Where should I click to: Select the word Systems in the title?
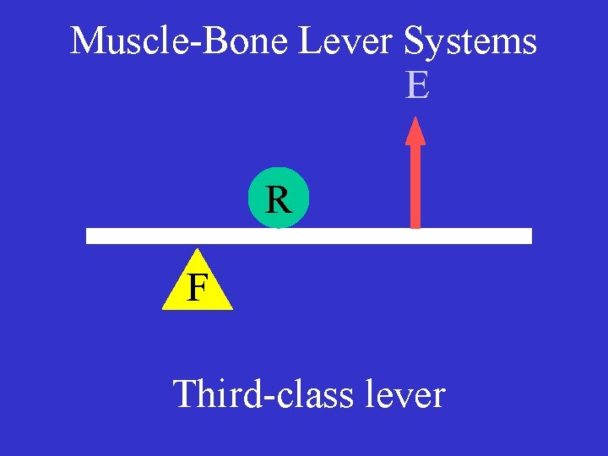coord(470,41)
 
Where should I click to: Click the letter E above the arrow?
coord(417,85)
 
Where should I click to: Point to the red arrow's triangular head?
coord(415,132)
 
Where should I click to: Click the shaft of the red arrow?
coord(415,186)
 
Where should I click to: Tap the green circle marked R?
coord(279,202)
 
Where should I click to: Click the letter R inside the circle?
coord(278,201)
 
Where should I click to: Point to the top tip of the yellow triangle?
coord(198,249)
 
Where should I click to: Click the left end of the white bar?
coord(90,236)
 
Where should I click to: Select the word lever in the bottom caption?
coord(404,394)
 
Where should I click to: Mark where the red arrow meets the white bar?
coord(415,228)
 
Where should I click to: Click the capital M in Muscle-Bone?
coord(86,41)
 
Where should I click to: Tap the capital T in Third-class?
coord(185,394)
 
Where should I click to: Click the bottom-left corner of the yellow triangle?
coord(163,309)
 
